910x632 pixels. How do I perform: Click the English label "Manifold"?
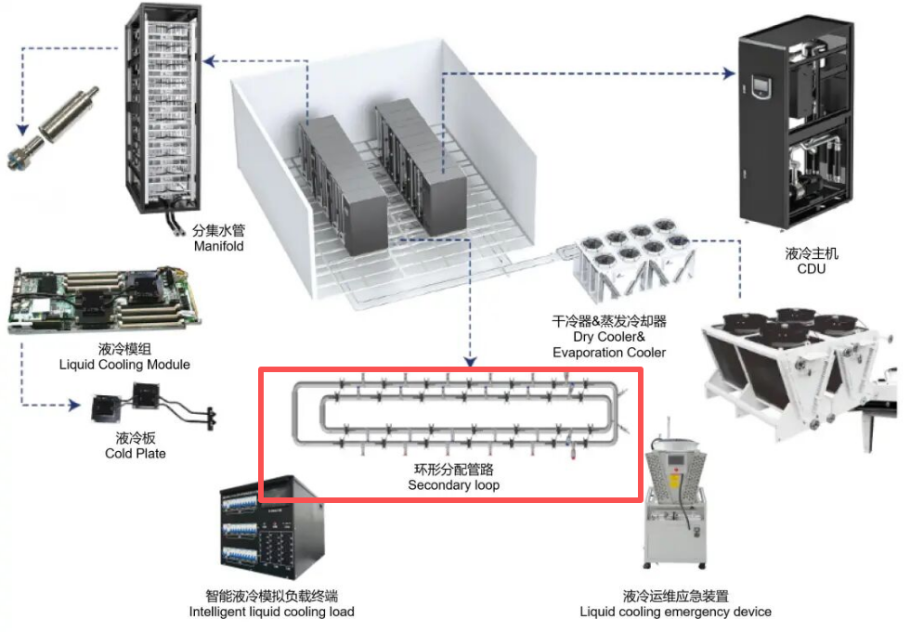218,246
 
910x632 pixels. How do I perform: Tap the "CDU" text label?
811,268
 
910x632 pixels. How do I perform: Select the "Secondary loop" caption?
453,484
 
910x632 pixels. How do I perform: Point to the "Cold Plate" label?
136,454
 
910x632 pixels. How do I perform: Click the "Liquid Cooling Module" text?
124,365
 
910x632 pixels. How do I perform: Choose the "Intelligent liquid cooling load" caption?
271,612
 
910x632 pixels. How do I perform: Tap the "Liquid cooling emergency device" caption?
676,612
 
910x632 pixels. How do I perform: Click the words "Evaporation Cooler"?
609,353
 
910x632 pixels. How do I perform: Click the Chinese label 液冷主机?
812,252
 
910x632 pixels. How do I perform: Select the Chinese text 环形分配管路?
454,469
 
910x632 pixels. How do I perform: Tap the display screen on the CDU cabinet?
761,87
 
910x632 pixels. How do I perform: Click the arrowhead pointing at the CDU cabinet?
730,73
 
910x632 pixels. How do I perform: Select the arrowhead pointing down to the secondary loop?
470,361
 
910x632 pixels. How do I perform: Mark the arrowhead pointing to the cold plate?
74,405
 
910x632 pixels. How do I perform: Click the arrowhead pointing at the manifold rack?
210,61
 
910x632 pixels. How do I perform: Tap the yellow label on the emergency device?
675,482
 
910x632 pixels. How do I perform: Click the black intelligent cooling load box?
271,528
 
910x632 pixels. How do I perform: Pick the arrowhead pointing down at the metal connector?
22,129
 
